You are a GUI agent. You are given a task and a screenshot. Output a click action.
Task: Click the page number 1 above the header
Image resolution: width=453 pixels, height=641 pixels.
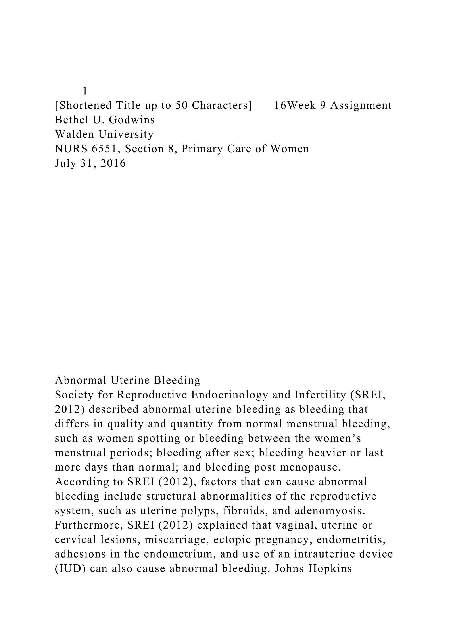click(x=85, y=91)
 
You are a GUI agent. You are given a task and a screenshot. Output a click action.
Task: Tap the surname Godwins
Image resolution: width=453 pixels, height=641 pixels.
click(x=132, y=120)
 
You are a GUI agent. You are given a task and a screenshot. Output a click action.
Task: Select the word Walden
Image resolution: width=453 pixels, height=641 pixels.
click(x=74, y=134)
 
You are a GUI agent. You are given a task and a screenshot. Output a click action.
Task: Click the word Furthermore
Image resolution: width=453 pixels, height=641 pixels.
click(x=89, y=525)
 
